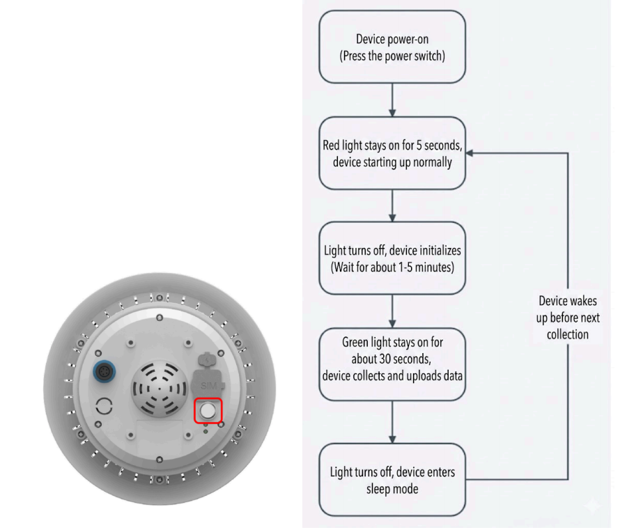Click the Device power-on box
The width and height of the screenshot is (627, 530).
point(392,47)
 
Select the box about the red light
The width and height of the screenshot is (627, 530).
point(392,153)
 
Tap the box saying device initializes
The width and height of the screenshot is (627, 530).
point(392,258)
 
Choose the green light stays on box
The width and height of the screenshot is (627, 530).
point(392,364)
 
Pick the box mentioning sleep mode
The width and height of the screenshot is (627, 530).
point(392,480)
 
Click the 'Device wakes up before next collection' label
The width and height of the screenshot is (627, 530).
point(568,318)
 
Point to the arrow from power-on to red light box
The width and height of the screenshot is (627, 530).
point(392,100)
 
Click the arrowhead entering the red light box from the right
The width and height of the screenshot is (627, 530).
point(470,153)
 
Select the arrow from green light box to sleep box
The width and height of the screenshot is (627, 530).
point(392,421)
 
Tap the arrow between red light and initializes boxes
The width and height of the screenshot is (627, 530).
point(392,205)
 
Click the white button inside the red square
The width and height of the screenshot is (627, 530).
point(208,410)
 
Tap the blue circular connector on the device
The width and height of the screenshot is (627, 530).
point(104,372)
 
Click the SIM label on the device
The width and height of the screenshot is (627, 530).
point(208,386)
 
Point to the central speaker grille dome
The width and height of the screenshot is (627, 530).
point(160,389)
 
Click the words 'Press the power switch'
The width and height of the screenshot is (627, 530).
point(392,56)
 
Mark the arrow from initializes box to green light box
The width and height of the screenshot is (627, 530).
point(392,311)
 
